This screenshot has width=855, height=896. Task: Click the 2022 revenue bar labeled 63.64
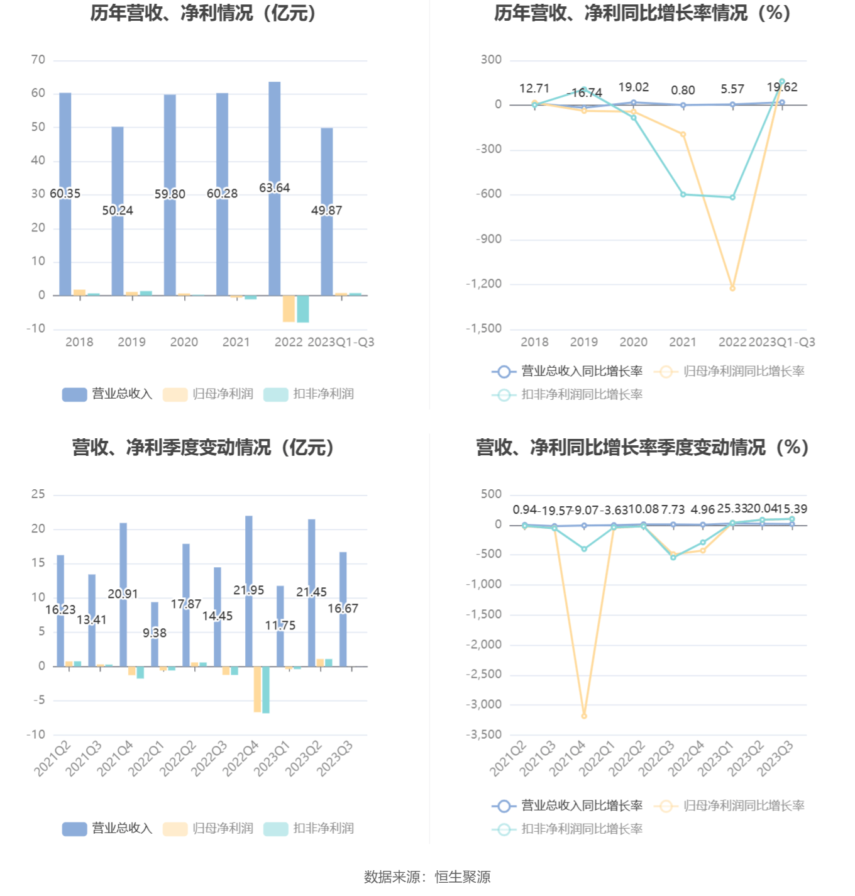tap(275, 138)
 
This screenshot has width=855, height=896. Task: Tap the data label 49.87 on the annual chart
tap(327, 211)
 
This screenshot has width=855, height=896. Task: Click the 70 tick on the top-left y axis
tap(38, 60)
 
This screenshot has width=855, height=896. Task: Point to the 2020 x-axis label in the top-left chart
tap(184, 342)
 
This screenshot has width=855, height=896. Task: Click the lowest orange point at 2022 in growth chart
tap(732, 288)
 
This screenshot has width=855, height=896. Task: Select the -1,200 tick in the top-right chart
tap(484, 284)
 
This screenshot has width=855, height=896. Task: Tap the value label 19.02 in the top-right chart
tap(633, 87)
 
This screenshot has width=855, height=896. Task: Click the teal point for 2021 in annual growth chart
tap(683, 194)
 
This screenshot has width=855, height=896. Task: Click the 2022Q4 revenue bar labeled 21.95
tap(249, 553)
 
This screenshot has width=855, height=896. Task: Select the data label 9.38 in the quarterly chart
tap(155, 633)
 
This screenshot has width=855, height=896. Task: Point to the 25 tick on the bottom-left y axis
tap(38, 494)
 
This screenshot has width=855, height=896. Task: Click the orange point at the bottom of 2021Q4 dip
tap(584, 716)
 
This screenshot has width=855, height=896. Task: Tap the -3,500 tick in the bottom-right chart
tap(484, 734)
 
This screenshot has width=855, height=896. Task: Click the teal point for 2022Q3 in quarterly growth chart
tap(673, 557)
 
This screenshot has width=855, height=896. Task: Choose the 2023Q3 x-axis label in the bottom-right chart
tap(775, 758)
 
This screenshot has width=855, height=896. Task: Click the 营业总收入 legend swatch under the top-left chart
tap(74, 394)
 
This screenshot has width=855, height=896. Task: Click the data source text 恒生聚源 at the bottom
tap(462, 877)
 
